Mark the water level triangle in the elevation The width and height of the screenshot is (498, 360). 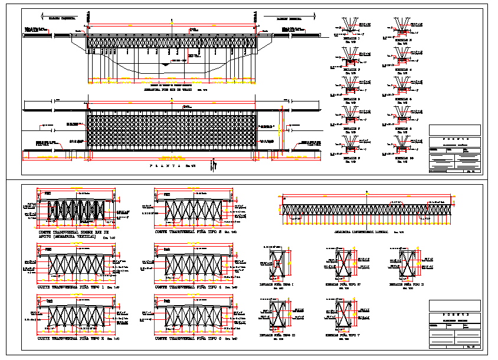pyautogui.click(x=171, y=65)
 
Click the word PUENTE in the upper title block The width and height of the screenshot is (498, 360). pyautogui.click(x=455, y=140)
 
